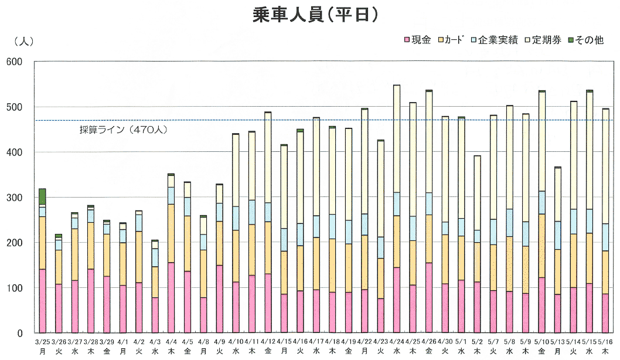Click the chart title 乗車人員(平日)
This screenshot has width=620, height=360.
point(310,15)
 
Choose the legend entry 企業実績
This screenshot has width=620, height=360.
point(498,40)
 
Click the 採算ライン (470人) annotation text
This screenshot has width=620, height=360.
point(124,129)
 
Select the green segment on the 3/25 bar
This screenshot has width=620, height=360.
point(42,196)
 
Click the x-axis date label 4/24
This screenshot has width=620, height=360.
point(397,341)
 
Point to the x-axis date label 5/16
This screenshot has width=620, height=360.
point(605,341)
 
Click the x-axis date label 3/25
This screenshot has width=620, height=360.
point(42,341)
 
